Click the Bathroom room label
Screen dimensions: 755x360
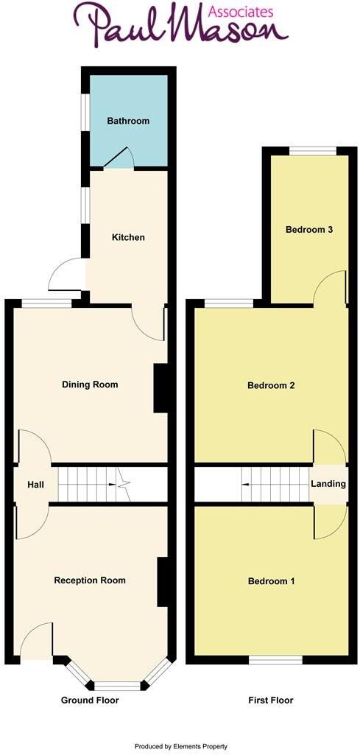coord(128,121)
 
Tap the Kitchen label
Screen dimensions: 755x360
coord(128,237)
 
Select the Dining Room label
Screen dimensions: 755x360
coord(90,384)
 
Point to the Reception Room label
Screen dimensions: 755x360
coord(90,580)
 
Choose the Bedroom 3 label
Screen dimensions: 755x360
coord(309,230)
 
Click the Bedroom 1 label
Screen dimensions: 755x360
coord(271,581)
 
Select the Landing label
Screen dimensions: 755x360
coord(328,484)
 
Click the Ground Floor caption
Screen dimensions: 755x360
coord(89,700)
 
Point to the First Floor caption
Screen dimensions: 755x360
coord(270,700)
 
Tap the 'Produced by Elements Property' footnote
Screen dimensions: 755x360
coord(180,746)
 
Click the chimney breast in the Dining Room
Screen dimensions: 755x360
coord(161,389)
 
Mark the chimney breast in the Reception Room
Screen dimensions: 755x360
coord(163,582)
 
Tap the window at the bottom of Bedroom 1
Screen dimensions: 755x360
coord(275,660)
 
